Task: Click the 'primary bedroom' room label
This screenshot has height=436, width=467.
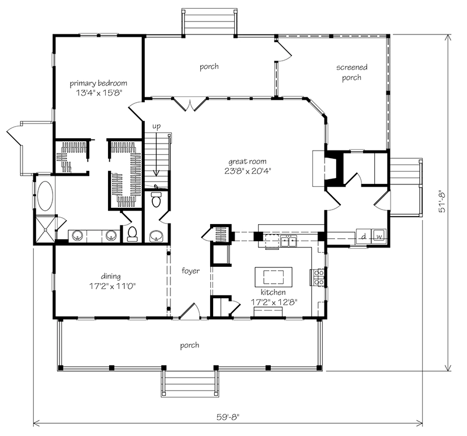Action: pyautogui.click(x=98, y=83)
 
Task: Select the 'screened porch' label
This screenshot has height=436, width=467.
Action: pyautogui.click(x=348, y=73)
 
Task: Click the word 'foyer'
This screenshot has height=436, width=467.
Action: pyautogui.click(x=190, y=271)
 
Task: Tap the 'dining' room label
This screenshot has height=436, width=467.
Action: pyautogui.click(x=110, y=276)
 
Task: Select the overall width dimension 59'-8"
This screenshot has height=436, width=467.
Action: pyautogui.click(x=227, y=417)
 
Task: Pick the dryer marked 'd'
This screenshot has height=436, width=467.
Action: pyautogui.click(x=363, y=236)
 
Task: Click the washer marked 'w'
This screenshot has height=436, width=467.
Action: pyautogui.click(x=379, y=236)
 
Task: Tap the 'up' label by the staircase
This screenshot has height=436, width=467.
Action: pyautogui.click(x=156, y=126)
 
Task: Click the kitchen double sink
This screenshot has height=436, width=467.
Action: pyautogui.click(x=288, y=241)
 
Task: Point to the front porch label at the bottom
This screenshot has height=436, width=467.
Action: pyautogui.click(x=190, y=345)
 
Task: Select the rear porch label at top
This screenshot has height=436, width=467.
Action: pyautogui.click(x=209, y=67)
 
